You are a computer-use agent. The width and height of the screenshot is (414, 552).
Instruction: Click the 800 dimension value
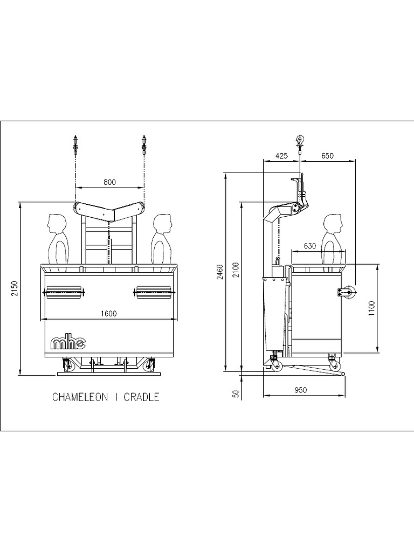[x=109, y=182]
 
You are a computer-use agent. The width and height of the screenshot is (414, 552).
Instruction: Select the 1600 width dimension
[x=109, y=313]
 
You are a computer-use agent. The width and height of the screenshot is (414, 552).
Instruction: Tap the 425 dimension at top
[x=281, y=155]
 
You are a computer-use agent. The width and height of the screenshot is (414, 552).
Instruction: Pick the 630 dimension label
[x=309, y=246]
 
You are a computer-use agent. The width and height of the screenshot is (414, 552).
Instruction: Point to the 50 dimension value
[x=236, y=394]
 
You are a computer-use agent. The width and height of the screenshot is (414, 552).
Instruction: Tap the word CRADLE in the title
[x=141, y=397]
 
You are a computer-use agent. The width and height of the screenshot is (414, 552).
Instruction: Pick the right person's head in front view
[x=162, y=223]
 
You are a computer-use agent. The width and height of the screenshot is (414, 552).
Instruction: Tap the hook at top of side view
[x=299, y=141]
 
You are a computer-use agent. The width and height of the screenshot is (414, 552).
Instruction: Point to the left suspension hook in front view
[x=75, y=144]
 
